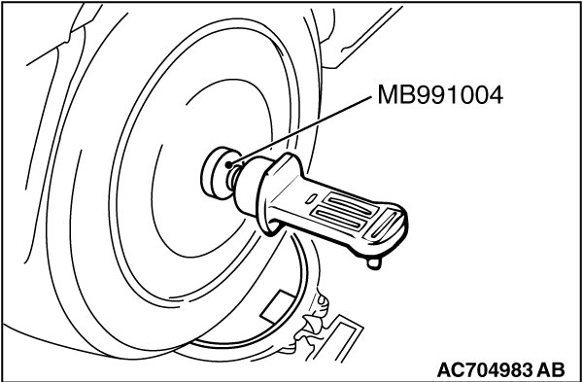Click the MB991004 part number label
(x=440, y=95)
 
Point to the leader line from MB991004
(x=301, y=130)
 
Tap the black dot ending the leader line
(x=229, y=164)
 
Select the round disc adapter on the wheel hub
(x=218, y=173)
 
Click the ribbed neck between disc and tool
(x=233, y=178)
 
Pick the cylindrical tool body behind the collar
(x=252, y=186)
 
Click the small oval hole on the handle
(x=311, y=199)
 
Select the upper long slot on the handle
(x=350, y=204)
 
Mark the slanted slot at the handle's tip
(x=383, y=224)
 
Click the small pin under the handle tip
(x=374, y=263)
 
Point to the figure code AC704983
(x=484, y=369)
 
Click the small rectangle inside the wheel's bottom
(x=278, y=307)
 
